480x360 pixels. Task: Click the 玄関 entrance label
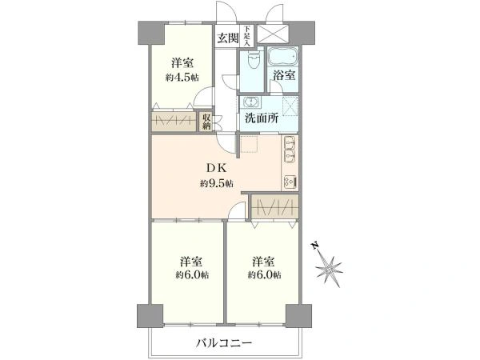click(x=226, y=37)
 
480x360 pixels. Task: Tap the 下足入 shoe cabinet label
click(x=247, y=36)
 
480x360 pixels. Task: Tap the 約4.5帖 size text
click(x=182, y=78)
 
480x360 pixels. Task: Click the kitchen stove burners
click(x=289, y=181)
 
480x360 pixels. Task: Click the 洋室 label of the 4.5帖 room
click(x=182, y=63)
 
